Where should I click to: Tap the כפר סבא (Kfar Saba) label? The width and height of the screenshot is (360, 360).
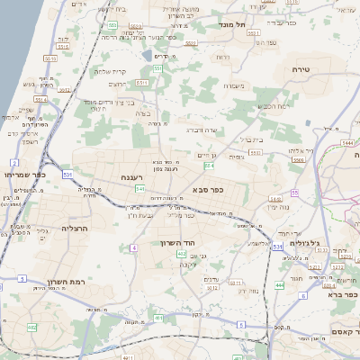pyautogui.click(x=208, y=190)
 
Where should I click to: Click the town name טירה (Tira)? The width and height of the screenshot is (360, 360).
pyautogui.click(x=301, y=68)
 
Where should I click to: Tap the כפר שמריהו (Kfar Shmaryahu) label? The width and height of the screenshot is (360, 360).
pyautogui.click(x=19, y=175)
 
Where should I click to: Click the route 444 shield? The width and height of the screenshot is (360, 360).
pyautogui.click(x=279, y=284)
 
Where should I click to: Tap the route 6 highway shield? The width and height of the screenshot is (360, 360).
pyautogui.click(x=303, y=295)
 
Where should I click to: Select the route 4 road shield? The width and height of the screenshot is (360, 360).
pyautogui.click(x=133, y=247)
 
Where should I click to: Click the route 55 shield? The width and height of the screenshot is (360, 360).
pyautogui.click(x=295, y=193)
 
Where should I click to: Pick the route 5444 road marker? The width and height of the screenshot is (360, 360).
pyautogui.click(x=348, y=143)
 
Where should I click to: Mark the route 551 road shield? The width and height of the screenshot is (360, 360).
pyautogui.click(x=157, y=68)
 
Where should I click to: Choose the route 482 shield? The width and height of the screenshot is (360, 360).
pyautogui.click(x=31, y=328)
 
